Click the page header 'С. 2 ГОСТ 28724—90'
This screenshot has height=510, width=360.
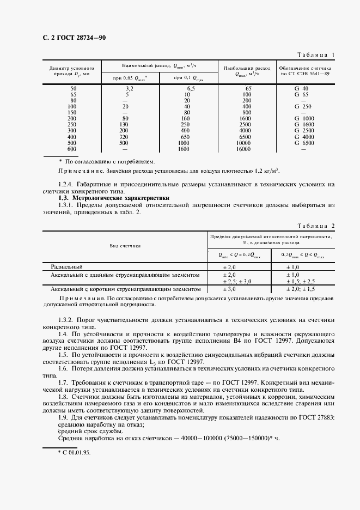[x=75, y=38]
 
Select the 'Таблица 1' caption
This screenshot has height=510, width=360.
[x=315, y=54]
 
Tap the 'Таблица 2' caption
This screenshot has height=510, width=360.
[x=315, y=226]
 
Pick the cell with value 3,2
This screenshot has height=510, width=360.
[x=130, y=88]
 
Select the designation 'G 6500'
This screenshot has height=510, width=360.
[x=304, y=143]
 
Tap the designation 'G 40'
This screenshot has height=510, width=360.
[x=302, y=88]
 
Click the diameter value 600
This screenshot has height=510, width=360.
[x=72, y=149]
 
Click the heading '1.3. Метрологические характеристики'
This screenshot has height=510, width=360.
[x=114, y=198]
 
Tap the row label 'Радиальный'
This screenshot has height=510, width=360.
[x=66, y=267]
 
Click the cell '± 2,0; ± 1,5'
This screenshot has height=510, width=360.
[x=301, y=289]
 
